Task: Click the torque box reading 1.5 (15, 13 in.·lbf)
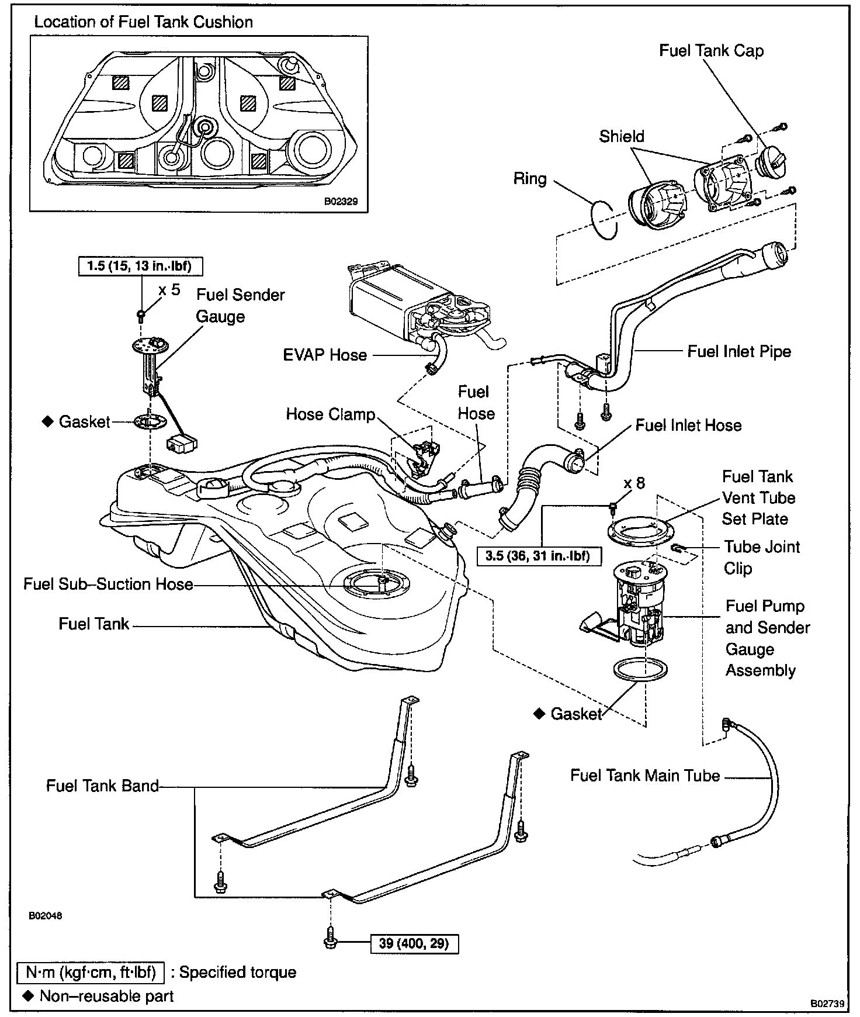click(141, 267)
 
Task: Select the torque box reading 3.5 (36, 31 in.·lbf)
click(537, 555)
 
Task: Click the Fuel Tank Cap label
click(711, 51)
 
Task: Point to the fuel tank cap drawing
click(771, 160)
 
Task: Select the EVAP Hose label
click(325, 355)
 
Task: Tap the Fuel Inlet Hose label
click(688, 425)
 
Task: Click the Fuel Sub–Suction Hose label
click(108, 584)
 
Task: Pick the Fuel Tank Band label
click(102, 786)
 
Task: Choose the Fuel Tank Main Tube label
click(645, 776)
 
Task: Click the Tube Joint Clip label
click(761, 558)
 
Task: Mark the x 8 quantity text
click(634, 483)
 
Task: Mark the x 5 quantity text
click(169, 290)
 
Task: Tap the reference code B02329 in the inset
click(341, 202)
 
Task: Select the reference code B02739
click(827, 1003)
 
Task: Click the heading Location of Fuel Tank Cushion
click(143, 22)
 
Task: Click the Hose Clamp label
click(330, 414)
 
